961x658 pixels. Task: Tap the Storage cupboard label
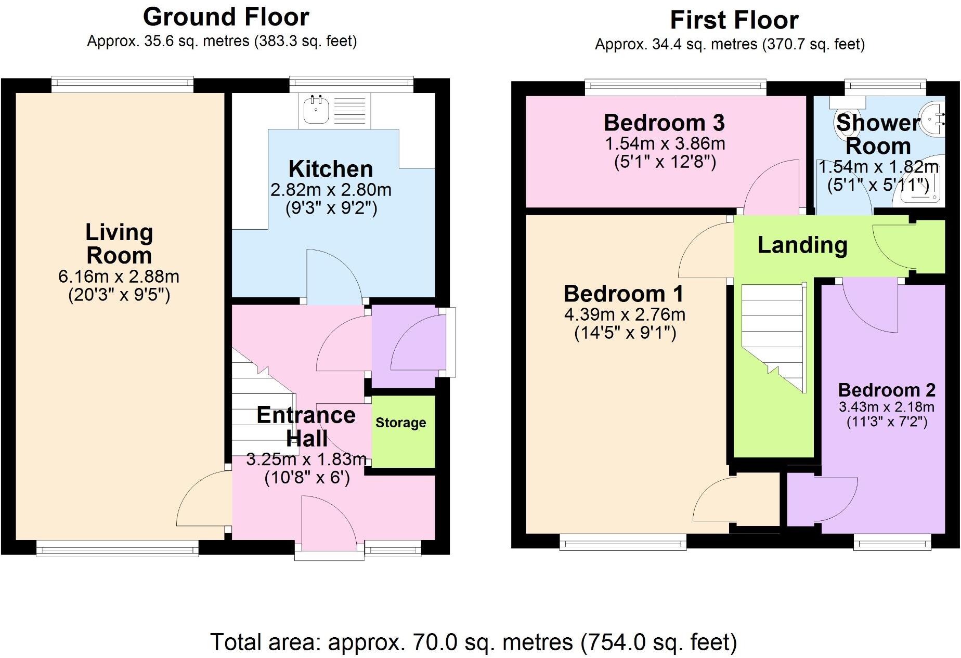click(400, 423)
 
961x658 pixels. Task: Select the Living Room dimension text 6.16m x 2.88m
click(119, 276)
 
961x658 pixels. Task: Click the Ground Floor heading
click(226, 17)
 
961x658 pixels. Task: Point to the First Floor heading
click(734, 21)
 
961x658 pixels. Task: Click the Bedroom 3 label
click(664, 123)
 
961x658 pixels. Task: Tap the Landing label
click(802, 245)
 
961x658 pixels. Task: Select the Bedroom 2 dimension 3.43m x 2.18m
click(886, 407)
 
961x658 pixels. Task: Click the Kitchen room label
click(331, 169)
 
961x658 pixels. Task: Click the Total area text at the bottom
click(473, 642)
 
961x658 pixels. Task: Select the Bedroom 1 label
click(623, 294)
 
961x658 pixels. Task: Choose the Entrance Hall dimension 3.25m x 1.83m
click(306, 459)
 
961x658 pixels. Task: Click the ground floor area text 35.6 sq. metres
click(222, 41)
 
